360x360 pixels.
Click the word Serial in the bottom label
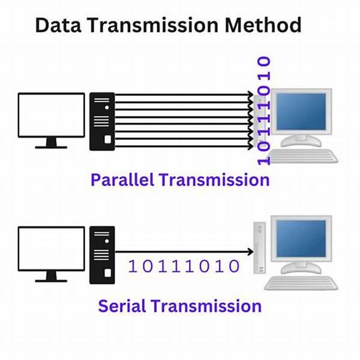pyautogui.click(x=122, y=306)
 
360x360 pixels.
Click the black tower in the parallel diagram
pyautogui.click(x=103, y=121)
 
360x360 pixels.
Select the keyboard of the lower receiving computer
pyautogui.click(x=303, y=283)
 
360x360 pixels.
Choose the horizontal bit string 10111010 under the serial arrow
pyautogui.click(x=185, y=266)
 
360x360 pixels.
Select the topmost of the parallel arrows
pyautogui.click(x=180, y=94)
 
